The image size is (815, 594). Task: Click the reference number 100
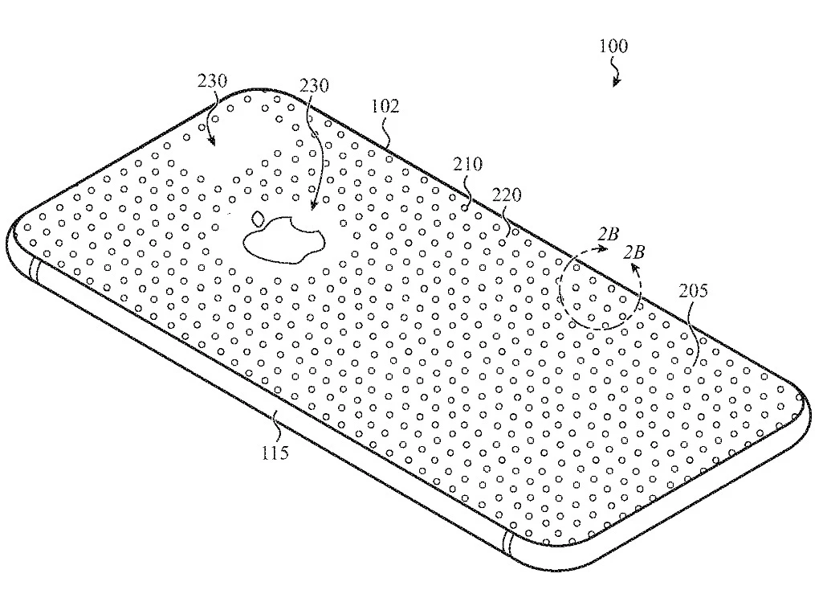[x=614, y=46]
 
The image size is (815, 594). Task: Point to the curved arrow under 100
[x=617, y=74]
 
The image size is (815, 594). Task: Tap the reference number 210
[x=467, y=165]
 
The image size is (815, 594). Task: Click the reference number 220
[x=507, y=195]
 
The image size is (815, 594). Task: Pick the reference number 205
[x=693, y=291]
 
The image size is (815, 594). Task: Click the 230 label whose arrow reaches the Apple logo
[x=315, y=84]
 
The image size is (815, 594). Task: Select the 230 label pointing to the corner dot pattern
[x=211, y=81]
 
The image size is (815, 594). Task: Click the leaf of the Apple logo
[x=259, y=217]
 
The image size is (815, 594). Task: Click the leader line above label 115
[x=274, y=424]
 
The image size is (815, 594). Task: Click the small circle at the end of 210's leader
[x=465, y=205]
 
